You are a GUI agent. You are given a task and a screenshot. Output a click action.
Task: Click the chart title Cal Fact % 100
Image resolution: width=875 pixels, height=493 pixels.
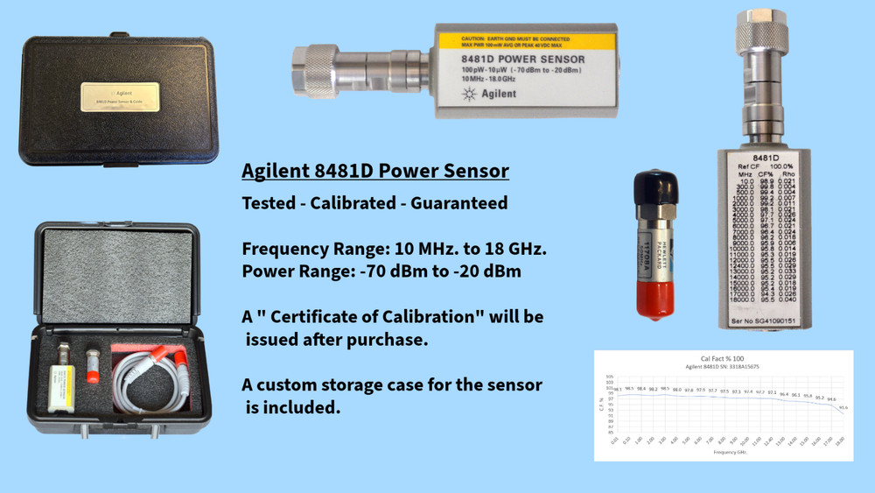(x=723, y=359)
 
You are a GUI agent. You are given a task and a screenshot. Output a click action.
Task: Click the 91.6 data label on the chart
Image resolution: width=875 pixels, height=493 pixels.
(x=843, y=407)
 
